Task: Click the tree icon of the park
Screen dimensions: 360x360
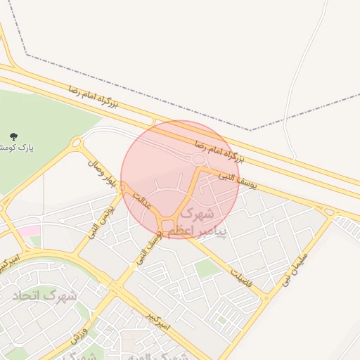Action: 15,136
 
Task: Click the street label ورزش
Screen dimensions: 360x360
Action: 79,333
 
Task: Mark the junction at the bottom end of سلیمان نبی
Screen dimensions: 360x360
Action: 266,298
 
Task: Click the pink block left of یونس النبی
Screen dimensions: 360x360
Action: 29,231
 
